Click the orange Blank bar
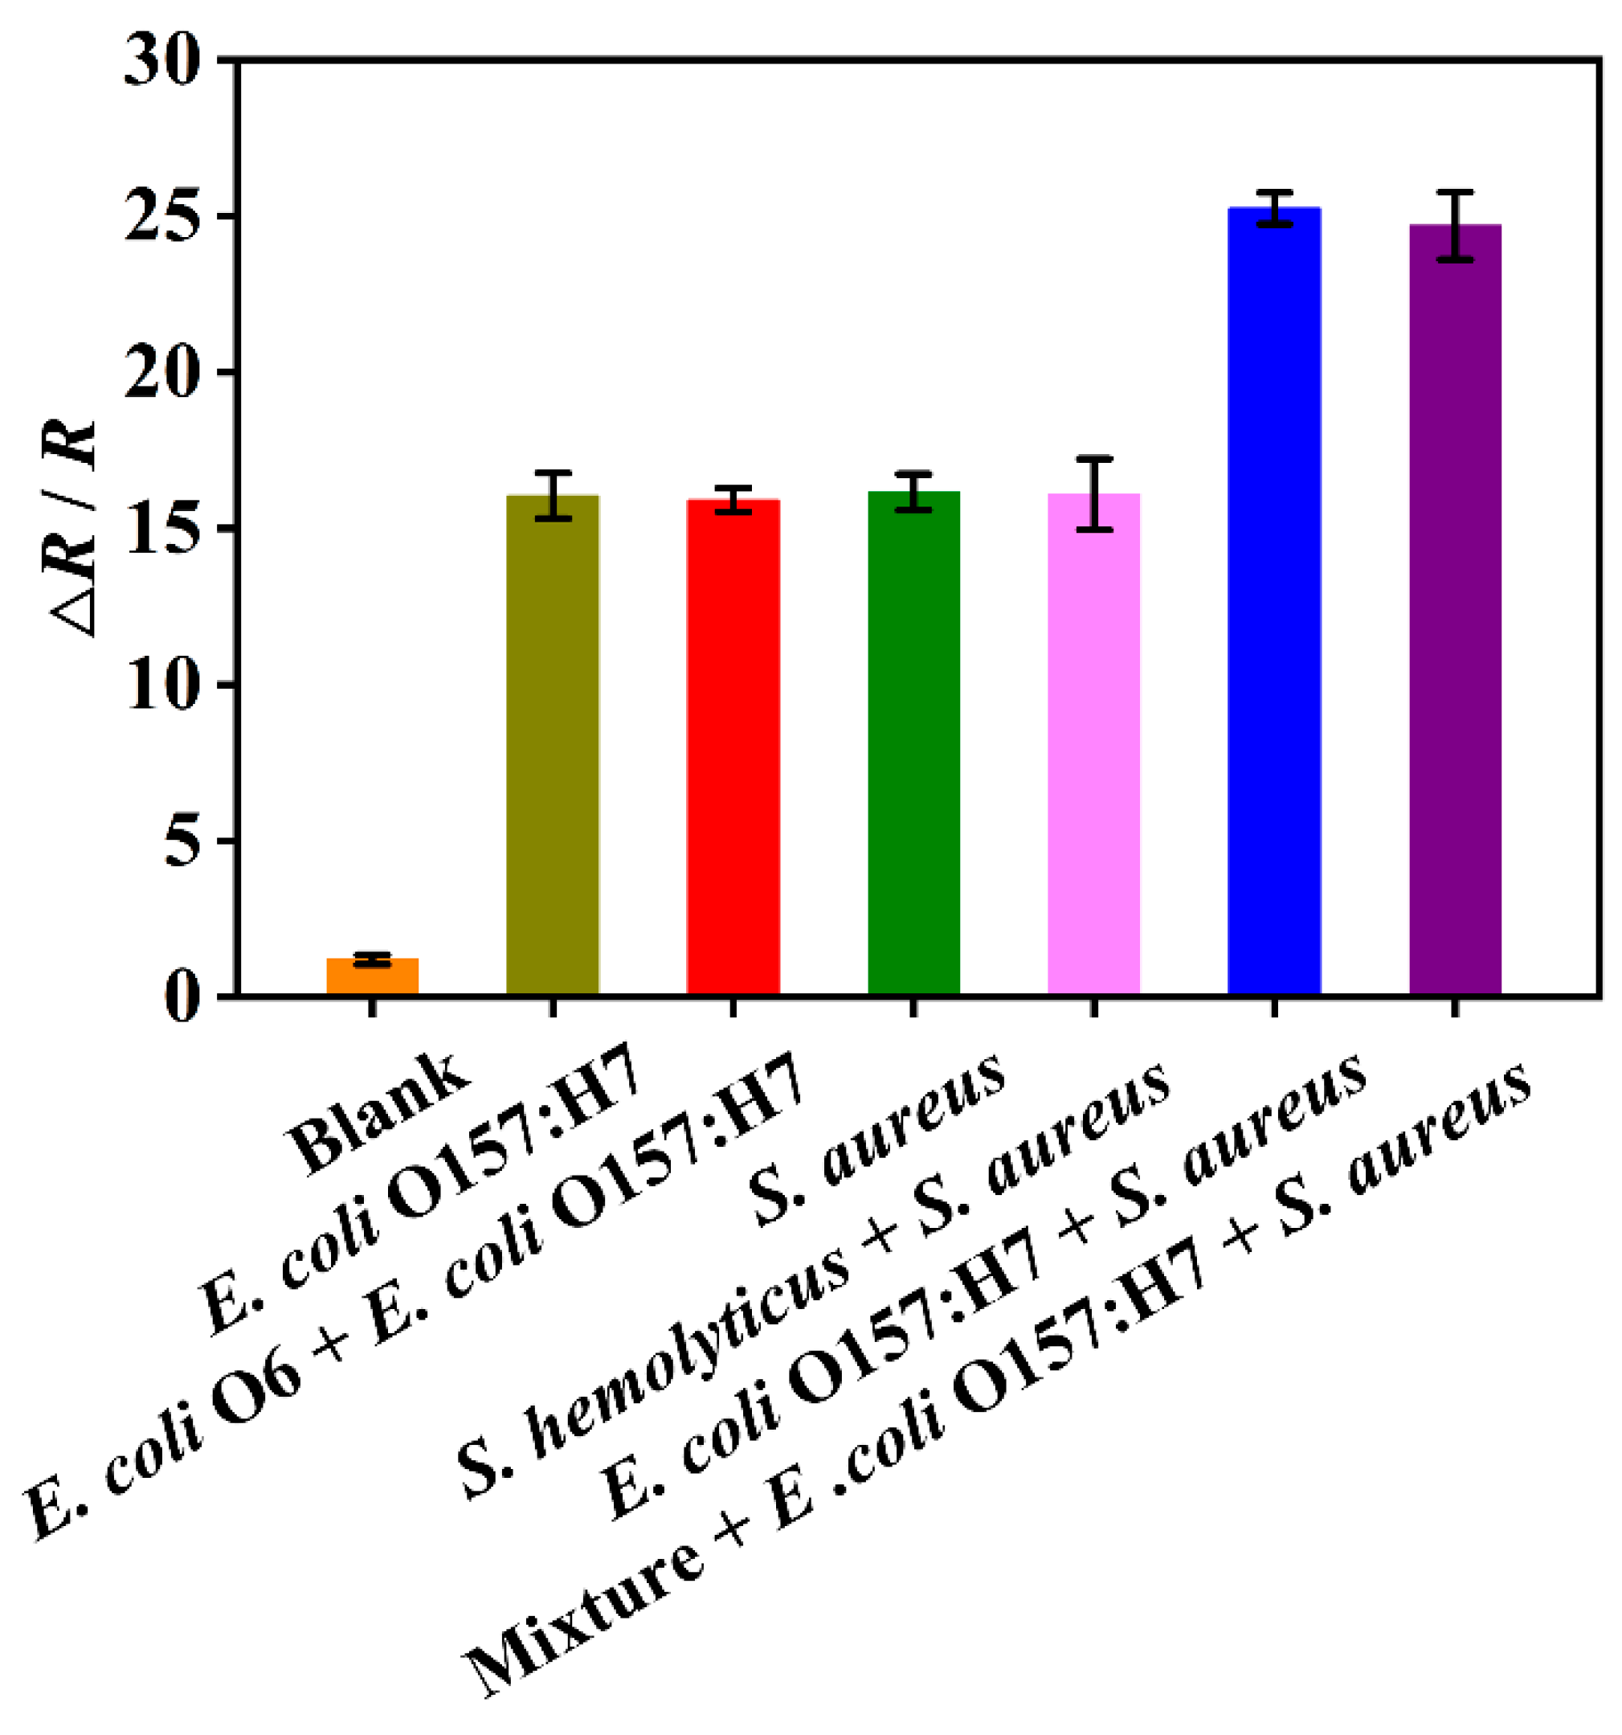373,976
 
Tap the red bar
733,747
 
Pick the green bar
913,743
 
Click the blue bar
1274,601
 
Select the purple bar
1454,610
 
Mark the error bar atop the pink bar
1093,493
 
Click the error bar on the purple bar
1454,225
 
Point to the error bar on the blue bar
1274,207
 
